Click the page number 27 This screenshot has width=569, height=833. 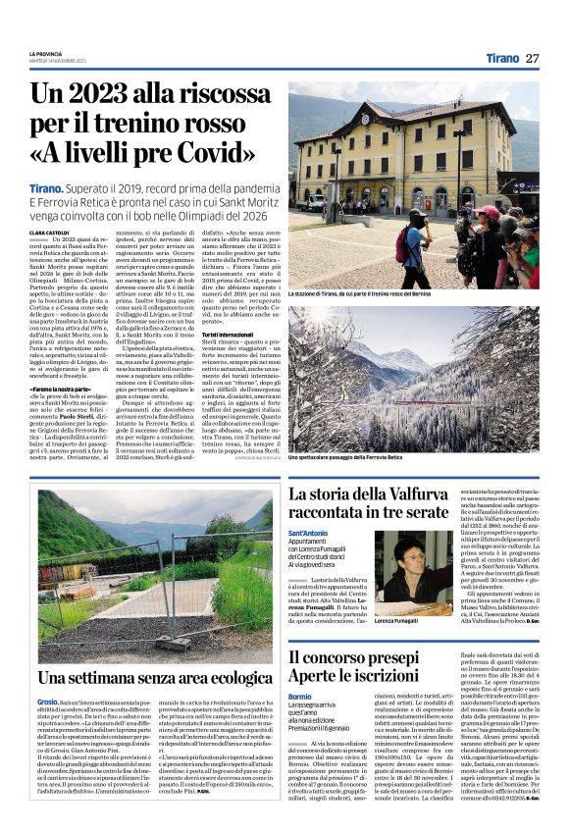[533, 58]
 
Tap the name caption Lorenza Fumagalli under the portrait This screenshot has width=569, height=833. [399, 622]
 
